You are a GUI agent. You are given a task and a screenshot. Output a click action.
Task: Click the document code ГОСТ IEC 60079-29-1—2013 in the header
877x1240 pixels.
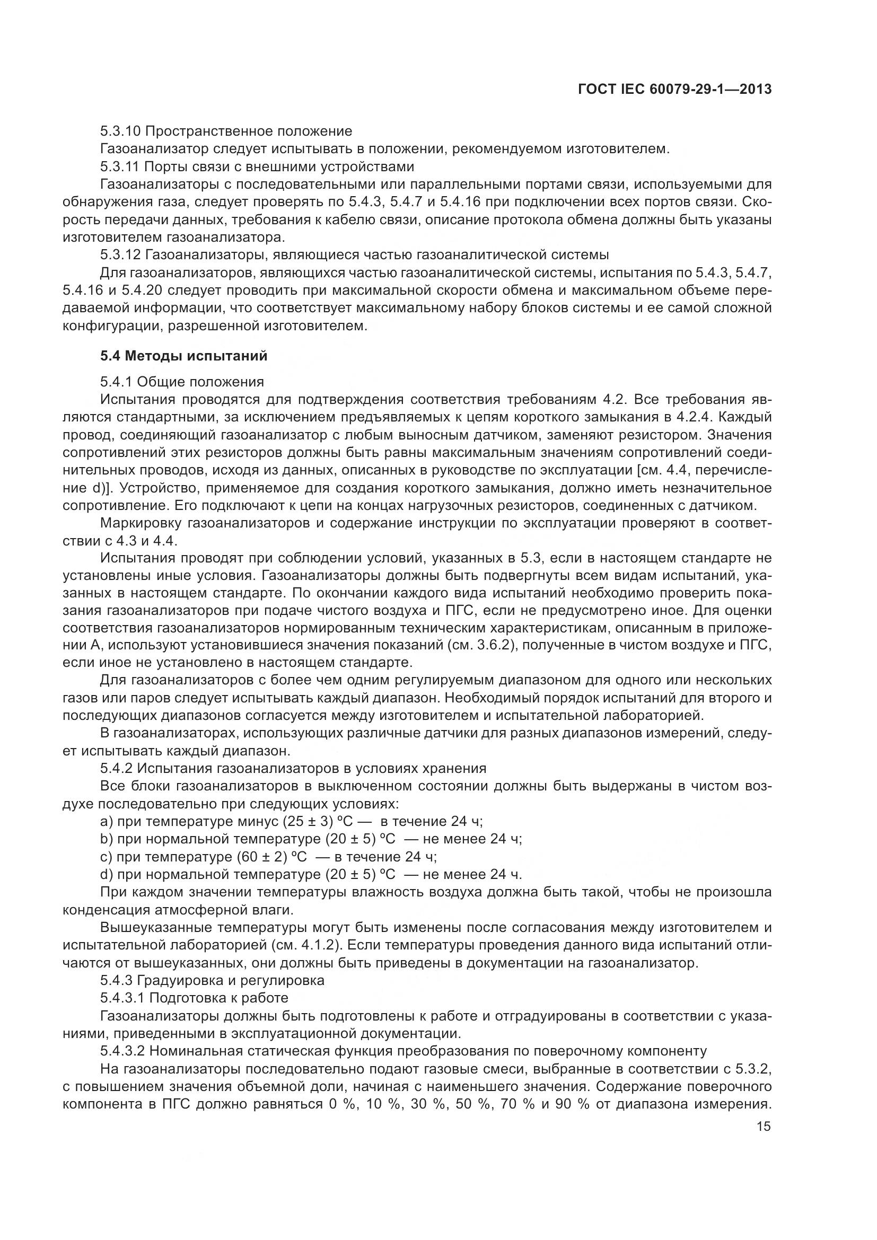click(x=674, y=89)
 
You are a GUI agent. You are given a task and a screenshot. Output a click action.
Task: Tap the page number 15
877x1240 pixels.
click(x=764, y=1127)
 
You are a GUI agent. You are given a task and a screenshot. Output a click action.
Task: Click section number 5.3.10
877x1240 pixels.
click(x=121, y=131)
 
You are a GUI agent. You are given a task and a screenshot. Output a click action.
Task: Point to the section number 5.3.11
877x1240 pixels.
click(x=121, y=166)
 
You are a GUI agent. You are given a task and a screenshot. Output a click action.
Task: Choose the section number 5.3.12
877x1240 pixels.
click(x=121, y=254)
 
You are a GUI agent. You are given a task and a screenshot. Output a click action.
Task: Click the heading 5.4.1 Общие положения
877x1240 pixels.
click(x=182, y=382)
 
